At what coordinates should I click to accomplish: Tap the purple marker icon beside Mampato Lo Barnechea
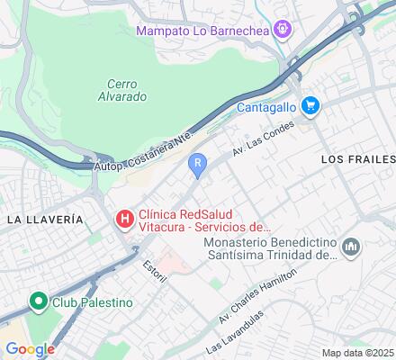(x=283, y=30)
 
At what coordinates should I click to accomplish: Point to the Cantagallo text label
(x=266, y=106)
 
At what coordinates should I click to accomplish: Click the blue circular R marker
(x=197, y=164)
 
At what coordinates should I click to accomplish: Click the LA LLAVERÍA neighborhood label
(x=45, y=220)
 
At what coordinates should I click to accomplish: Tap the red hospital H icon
(x=124, y=217)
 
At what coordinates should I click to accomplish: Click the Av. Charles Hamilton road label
(x=256, y=296)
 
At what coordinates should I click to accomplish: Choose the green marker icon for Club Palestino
(x=38, y=301)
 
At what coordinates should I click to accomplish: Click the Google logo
(x=30, y=349)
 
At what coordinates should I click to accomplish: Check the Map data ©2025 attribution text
(x=357, y=353)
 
